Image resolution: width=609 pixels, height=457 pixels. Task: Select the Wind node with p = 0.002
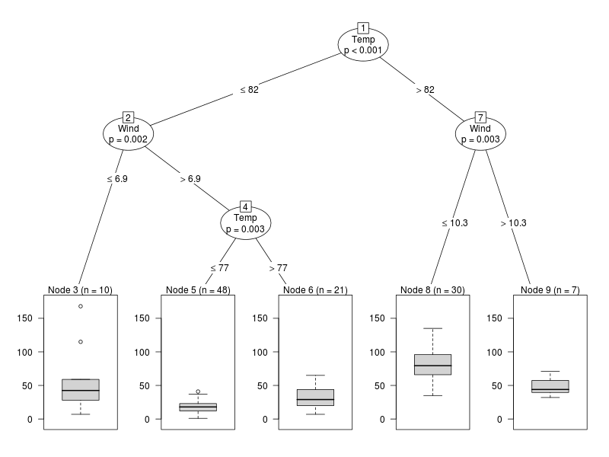click(128, 133)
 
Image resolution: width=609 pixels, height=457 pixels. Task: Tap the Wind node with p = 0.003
click(480, 133)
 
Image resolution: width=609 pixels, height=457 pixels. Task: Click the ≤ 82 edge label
click(250, 90)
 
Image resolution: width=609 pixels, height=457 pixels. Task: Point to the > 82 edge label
click(424, 90)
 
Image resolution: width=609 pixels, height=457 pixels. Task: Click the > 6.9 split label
click(190, 179)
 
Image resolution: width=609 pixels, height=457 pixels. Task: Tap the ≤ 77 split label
click(219, 268)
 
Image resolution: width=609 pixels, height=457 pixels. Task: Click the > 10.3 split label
click(513, 223)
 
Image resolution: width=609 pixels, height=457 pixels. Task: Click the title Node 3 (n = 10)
click(81, 290)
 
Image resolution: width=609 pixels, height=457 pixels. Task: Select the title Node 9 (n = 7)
click(550, 290)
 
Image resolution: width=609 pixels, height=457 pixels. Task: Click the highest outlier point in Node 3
click(81, 306)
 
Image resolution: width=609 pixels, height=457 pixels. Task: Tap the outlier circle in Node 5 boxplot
click(198, 391)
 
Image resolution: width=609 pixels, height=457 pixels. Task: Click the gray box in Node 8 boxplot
click(432, 364)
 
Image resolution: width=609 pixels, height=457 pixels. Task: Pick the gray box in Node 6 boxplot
click(315, 398)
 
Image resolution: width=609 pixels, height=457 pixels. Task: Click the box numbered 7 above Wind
click(480, 117)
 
